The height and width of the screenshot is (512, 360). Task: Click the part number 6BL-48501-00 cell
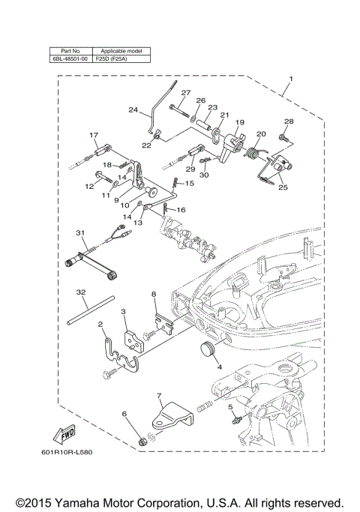(69, 58)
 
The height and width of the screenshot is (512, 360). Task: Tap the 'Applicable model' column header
(121, 50)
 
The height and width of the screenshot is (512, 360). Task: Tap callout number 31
(79, 232)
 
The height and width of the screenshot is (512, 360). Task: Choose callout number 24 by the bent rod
(133, 110)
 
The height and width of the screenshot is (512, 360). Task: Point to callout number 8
(154, 295)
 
